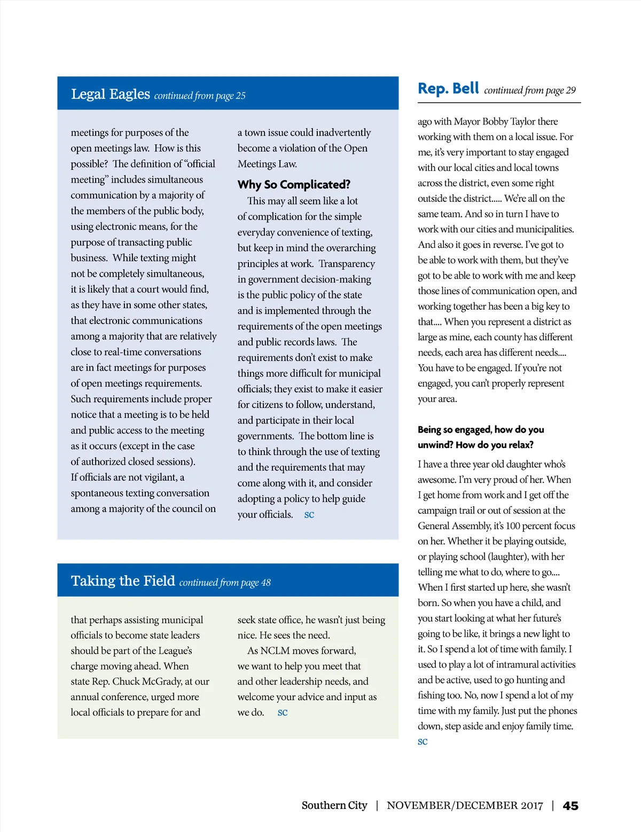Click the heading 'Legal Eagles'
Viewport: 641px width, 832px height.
(111, 95)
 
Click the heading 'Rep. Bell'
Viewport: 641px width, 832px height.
(448, 89)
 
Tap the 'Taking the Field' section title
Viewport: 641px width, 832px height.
(123, 581)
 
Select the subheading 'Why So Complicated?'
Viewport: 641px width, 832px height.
(294, 185)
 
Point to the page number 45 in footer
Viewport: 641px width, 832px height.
(570, 806)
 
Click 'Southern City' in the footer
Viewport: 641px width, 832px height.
(334, 806)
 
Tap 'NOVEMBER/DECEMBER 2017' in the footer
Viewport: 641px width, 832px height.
(465, 806)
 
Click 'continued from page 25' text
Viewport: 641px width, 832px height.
(200, 96)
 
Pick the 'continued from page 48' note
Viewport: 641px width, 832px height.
(225, 583)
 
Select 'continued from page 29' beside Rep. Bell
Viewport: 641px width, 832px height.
(530, 90)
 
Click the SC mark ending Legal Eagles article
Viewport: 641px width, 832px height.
(309, 515)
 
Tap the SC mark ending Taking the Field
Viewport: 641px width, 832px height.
(283, 713)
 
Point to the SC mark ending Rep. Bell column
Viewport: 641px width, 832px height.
(423, 742)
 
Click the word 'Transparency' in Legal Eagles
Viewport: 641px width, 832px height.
(347, 264)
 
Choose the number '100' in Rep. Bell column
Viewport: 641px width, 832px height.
(513, 526)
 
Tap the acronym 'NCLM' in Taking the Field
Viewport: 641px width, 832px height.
(275, 651)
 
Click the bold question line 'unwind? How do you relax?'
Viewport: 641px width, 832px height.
(475, 445)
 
